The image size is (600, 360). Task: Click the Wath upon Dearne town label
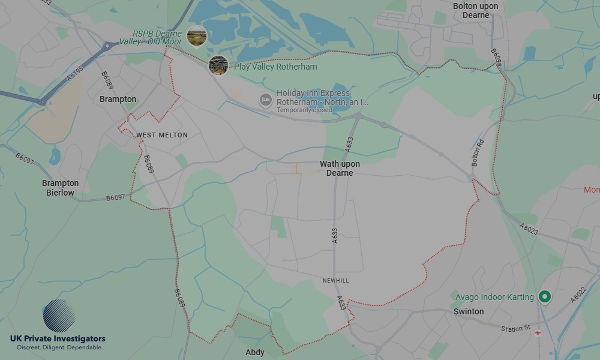[340, 169]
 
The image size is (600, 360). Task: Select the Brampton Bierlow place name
[60, 188]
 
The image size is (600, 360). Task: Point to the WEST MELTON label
[162, 135]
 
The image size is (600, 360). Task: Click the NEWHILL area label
[335, 281]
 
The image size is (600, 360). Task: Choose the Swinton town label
[469, 311]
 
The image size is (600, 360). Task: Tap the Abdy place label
[255, 352]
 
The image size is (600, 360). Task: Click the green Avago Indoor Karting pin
[545, 296]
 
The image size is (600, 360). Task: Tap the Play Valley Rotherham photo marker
[218, 65]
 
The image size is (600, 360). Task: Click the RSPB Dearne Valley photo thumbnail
[197, 35]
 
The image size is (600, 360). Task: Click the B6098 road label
[495, 59]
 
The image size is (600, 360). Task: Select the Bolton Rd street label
[478, 153]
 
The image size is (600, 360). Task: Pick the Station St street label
[516, 328]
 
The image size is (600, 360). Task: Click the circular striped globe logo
[59, 316]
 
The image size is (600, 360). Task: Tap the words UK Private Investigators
[58, 339]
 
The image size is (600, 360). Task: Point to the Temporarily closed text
[304, 110]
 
